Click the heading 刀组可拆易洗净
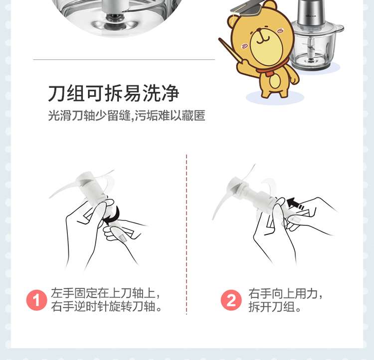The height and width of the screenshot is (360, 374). coord(113,93)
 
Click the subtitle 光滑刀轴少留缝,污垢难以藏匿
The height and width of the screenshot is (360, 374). coord(127,116)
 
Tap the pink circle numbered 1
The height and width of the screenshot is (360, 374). coord(36,300)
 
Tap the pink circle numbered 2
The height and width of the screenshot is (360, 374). coord(231,300)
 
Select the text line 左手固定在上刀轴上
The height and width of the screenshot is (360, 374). coord(105,293)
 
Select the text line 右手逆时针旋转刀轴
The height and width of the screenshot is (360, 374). coord(107,306)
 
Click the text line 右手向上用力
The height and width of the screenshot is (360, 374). coord(286,293)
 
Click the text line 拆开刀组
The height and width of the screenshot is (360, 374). coord(275,306)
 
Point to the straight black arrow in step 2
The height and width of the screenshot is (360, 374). coord(295,204)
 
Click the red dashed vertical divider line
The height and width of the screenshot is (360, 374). coord(187,234)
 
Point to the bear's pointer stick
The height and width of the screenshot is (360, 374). coord(232,52)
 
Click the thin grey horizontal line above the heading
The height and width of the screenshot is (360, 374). coord(124,59)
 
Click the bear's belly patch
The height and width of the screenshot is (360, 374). coord(275,81)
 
